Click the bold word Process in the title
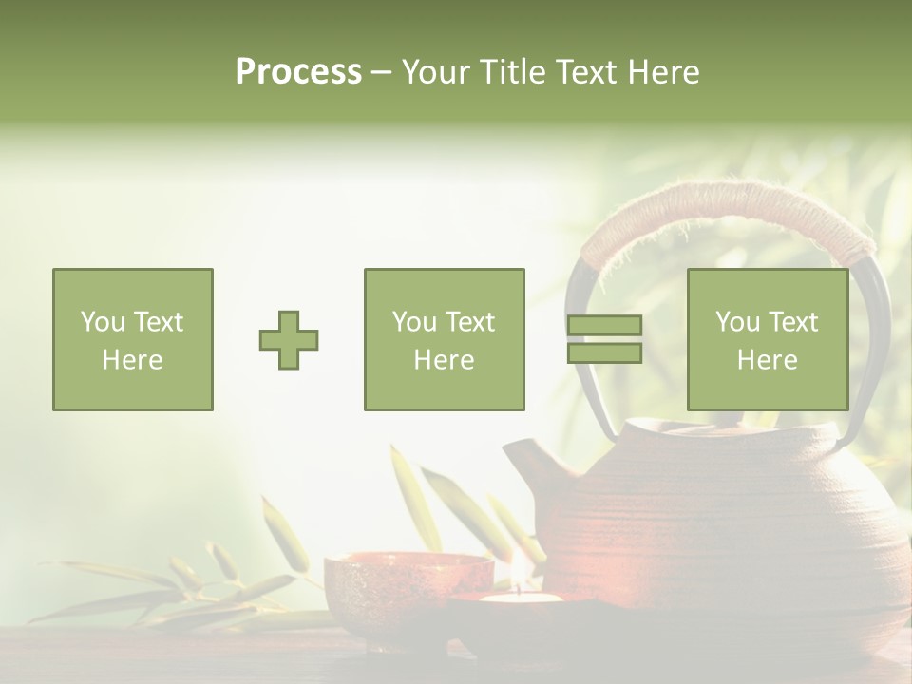tap(298, 72)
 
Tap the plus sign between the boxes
tap(289, 340)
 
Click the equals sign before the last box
tap(604, 339)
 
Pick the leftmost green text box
tap(132, 339)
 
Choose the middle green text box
tap(444, 339)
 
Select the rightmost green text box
tap(767, 339)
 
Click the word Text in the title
tap(585, 72)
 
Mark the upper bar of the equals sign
tap(604, 326)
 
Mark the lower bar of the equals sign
tap(604, 353)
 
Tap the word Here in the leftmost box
tap(132, 360)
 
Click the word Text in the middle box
tap(470, 322)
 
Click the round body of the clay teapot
tap(722, 532)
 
